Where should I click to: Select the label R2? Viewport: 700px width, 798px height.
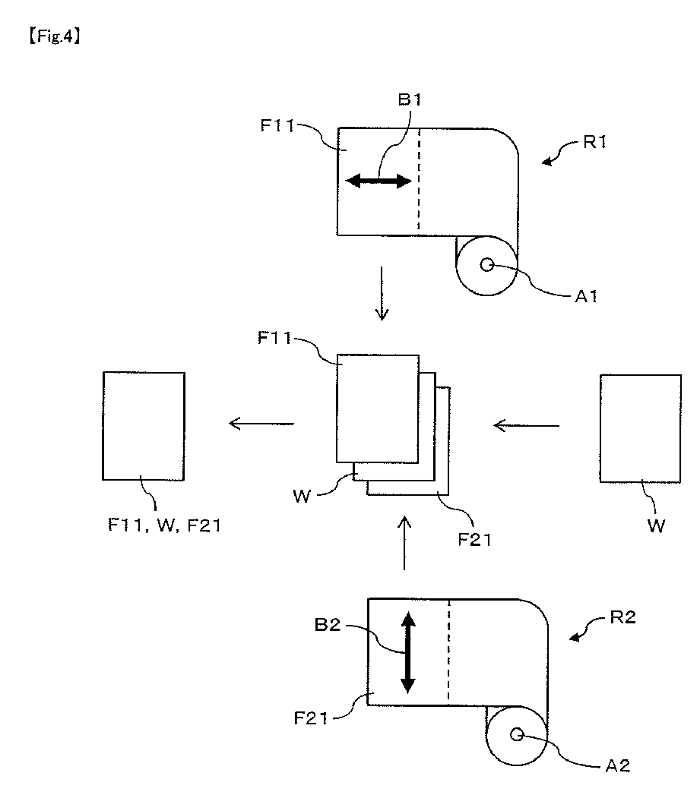coord(621,617)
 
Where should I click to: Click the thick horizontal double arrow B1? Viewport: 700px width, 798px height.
coord(379,181)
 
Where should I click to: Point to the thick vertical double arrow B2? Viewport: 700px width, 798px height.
coord(408,652)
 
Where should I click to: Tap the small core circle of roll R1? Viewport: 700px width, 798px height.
coord(487,265)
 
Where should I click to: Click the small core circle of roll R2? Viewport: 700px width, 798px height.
coord(518,734)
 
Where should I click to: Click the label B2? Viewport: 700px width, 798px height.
coord(329,627)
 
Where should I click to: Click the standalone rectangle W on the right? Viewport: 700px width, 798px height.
coord(640,428)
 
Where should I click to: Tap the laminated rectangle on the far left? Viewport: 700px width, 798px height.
coord(144,426)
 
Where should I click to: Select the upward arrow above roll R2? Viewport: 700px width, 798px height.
coord(404,542)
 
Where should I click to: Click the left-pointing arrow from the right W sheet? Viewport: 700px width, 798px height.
coord(526,425)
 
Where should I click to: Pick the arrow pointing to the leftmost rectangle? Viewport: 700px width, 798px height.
coord(262,423)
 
